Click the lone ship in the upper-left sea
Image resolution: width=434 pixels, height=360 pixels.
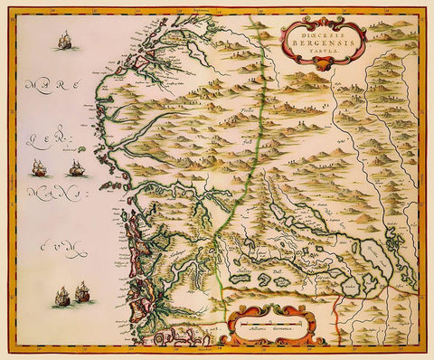[x=64, y=41]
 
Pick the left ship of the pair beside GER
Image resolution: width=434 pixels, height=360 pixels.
[x=40, y=167]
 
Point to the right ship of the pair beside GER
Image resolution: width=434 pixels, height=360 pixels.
[x=75, y=168]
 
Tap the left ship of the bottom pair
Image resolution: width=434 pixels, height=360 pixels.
[x=61, y=295]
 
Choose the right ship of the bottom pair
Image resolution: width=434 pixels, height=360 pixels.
[x=82, y=291]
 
